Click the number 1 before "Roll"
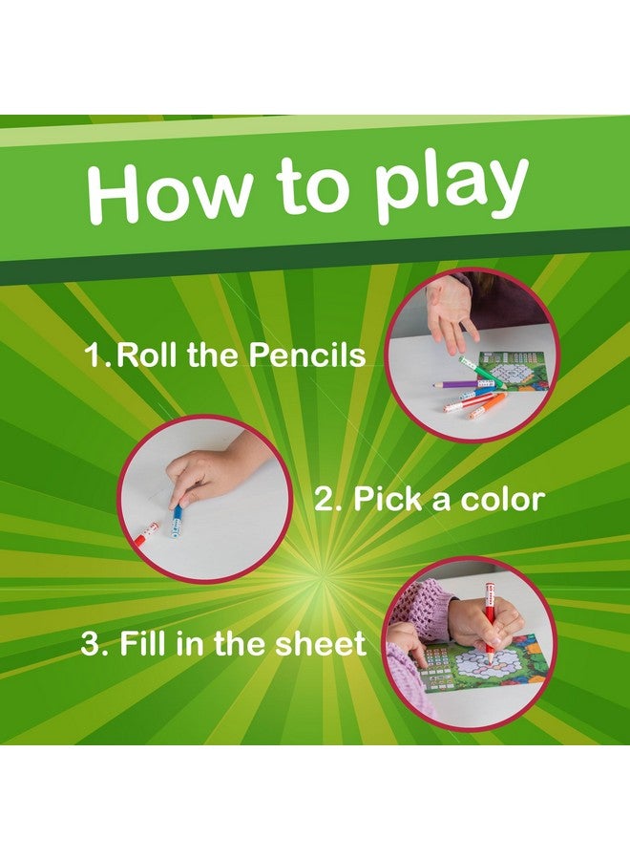pyautogui.click(x=95, y=356)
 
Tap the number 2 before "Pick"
pyautogui.click(x=327, y=500)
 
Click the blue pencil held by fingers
pyautogui.click(x=177, y=522)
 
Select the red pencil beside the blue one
pyautogui.click(x=143, y=533)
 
